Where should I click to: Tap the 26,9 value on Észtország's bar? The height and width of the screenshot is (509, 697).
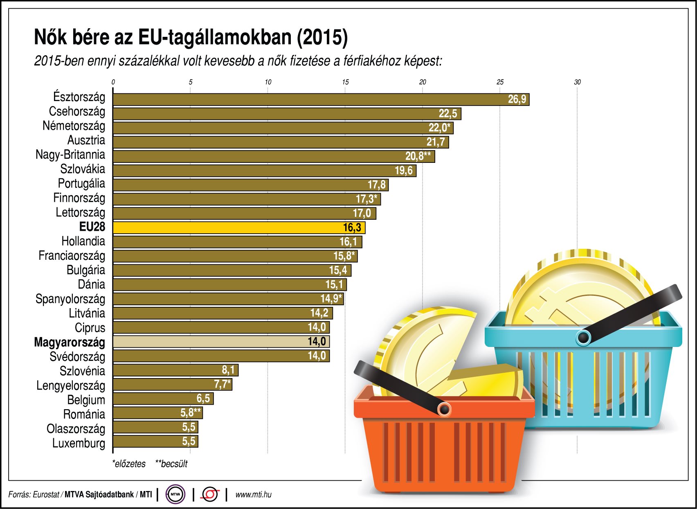[517, 99]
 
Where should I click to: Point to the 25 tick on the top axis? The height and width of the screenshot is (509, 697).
[500, 82]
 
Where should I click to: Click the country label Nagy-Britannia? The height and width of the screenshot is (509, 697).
[70, 155]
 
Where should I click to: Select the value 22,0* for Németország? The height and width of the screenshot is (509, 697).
[439, 128]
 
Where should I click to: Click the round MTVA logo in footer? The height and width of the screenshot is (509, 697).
[175, 494]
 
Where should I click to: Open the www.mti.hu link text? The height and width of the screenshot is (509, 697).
[253, 495]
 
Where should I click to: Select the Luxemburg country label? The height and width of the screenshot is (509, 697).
[79, 443]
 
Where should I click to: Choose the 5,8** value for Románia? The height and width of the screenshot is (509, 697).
[190, 413]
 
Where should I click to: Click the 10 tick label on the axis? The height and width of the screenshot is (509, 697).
[268, 82]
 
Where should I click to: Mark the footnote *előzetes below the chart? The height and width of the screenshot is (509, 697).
[129, 464]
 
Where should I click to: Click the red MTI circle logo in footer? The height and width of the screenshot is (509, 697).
[210, 494]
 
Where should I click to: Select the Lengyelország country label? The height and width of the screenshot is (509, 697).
[70, 385]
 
